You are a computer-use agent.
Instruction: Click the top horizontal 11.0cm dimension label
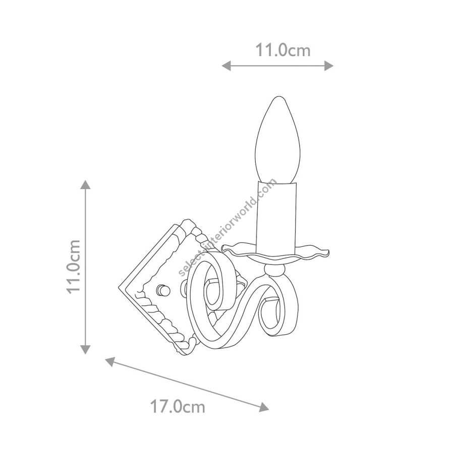pyautogui.click(x=282, y=50)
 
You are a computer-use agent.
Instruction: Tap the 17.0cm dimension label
pyautogui.click(x=178, y=407)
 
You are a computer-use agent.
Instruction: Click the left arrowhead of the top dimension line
pyautogui.click(x=226, y=66)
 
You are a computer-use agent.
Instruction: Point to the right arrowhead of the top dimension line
pyautogui.click(x=329, y=66)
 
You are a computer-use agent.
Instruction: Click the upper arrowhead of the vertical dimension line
pyautogui.click(x=85, y=185)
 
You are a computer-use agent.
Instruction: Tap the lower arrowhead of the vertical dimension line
pyautogui.click(x=85, y=350)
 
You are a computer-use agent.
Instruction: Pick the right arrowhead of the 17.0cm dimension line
pyautogui.click(x=264, y=407)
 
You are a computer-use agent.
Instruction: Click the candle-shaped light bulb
pyautogui.click(x=277, y=140)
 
